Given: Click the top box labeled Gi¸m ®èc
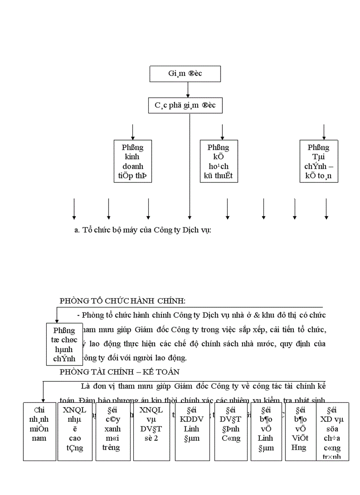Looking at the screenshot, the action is (185, 74).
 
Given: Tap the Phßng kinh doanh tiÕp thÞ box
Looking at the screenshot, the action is (132, 162).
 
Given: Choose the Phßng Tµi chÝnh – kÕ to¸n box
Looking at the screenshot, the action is (319, 162).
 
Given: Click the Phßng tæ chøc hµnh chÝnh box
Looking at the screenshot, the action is (64, 344).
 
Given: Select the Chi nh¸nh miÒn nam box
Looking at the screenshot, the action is (40, 431).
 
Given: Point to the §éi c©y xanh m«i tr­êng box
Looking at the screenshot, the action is (113, 431).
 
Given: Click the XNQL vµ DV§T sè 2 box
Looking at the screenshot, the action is (150, 431).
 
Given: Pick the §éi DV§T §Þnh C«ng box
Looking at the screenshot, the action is (229, 431).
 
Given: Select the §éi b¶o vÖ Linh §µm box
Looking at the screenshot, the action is (266, 431).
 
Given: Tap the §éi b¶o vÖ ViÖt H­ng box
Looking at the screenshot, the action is (299, 431).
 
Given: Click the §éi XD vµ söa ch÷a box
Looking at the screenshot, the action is (332, 431).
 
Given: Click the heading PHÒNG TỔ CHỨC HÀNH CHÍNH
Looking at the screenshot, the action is (122, 301).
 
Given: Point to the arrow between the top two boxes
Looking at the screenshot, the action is (188, 89).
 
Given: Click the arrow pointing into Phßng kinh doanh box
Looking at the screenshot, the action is (133, 132).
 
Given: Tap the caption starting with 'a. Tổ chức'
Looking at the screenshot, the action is (143, 231).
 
